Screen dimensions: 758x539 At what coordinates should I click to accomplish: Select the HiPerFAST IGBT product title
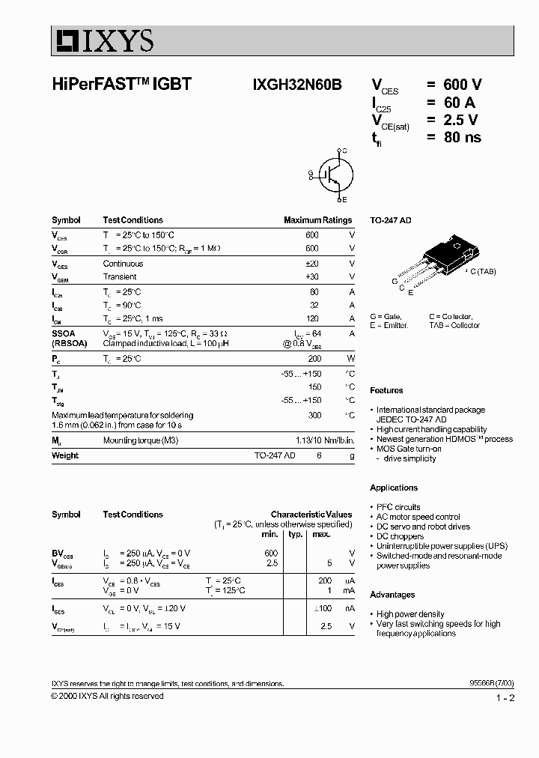[x=121, y=85]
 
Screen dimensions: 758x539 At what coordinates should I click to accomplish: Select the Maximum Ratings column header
[x=317, y=220]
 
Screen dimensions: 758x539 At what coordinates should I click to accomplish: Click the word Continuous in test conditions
[x=123, y=264]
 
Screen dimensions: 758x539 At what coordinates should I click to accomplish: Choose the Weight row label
[x=65, y=455]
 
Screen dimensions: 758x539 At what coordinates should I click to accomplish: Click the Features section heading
[x=386, y=390]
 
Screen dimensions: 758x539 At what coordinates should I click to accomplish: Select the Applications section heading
[x=394, y=488]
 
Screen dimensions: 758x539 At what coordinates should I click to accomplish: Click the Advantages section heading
[x=392, y=595]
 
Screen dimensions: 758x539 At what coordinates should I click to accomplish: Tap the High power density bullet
[x=410, y=614]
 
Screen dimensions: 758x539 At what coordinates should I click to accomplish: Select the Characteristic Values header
[x=311, y=515]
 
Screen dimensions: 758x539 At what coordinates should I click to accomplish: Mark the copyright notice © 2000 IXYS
[x=107, y=696]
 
